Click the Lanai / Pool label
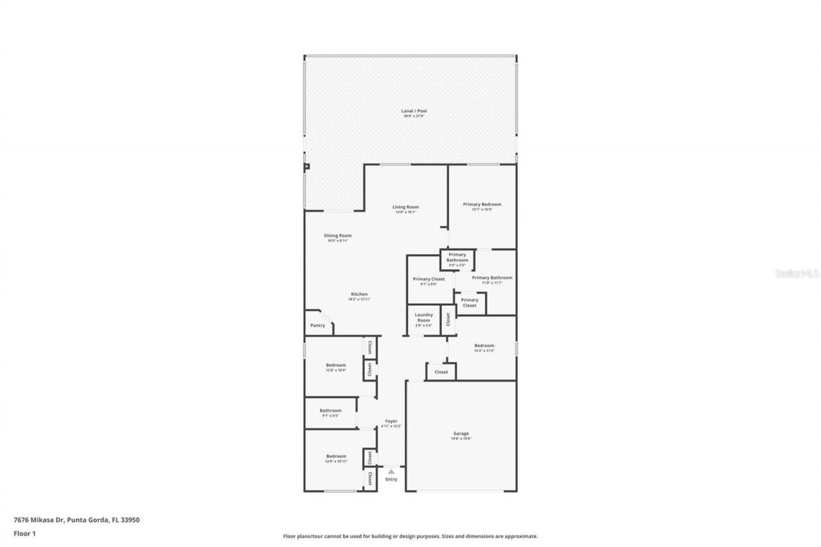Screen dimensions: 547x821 [410, 111]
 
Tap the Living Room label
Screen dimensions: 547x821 [405, 207]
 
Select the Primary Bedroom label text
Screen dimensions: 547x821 [482, 205]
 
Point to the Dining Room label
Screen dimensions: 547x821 [337, 236]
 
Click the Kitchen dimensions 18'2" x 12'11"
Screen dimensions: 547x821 [359, 299]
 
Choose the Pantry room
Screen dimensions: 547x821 [317, 325]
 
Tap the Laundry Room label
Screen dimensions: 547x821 [423, 317]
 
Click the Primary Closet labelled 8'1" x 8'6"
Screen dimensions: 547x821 [428, 280]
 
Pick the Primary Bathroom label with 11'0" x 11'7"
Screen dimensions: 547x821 [492, 278]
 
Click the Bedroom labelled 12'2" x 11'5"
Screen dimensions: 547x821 [484, 346]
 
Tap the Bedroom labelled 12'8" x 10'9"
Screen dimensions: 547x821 [335, 366]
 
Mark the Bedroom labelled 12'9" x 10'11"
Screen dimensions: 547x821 [336, 457]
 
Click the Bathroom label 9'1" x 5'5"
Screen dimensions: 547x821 [330, 411]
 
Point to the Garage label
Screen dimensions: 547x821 [461, 434]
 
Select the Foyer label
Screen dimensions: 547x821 [391, 421]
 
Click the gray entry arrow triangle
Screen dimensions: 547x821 [391, 471]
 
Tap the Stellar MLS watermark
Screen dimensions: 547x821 [797, 273]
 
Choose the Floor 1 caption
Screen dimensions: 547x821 [25, 533]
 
